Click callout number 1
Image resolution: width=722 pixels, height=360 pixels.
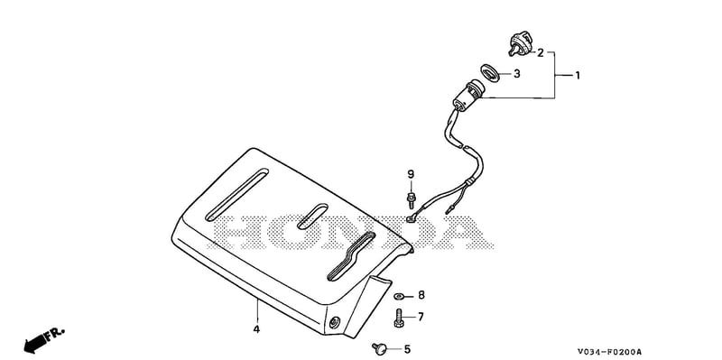pos(577,75)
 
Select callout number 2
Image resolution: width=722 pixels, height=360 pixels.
pos(540,53)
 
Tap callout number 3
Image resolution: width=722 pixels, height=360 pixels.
pos(516,74)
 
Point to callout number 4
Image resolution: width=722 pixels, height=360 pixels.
pos(256,329)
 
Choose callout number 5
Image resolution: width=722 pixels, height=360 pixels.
pos(407,350)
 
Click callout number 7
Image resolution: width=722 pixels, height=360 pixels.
pos(421,317)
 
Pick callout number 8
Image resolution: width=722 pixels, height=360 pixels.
pos(421,295)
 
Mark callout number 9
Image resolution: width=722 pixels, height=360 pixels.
pos(411,174)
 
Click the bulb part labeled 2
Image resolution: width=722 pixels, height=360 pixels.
pos(521,44)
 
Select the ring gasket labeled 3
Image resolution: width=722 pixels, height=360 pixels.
pos(490,73)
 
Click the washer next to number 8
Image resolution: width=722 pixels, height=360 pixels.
pos(399,296)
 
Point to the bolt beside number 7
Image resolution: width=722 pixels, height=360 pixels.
pos(399,318)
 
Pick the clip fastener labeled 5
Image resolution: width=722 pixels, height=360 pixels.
pos(379,349)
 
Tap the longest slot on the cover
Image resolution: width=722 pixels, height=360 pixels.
pos(236,195)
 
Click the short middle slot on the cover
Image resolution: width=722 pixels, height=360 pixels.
pos(312,217)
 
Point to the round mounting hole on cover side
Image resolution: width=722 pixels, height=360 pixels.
pos(334,322)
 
